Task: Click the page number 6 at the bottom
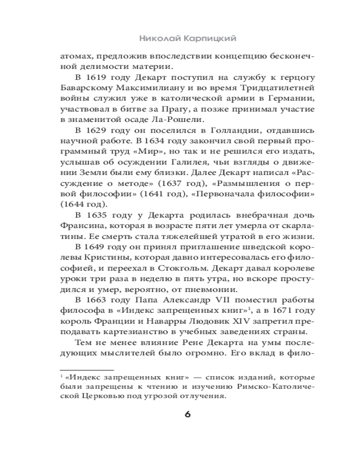(188, 414)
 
